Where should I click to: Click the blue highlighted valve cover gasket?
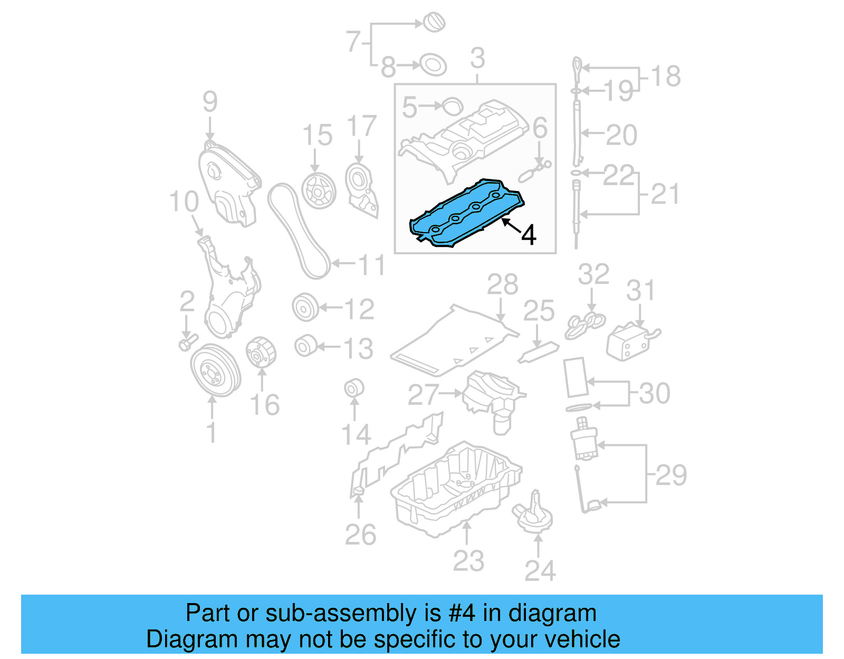coord(464,214)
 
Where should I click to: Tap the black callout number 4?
coord(529,235)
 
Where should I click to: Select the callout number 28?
coord(502,285)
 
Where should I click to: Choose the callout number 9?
coord(210,101)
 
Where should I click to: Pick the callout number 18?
coord(666,77)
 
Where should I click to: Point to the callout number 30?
coord(655,394)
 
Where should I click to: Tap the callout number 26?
coord(360,535)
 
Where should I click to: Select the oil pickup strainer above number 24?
coord(533,514)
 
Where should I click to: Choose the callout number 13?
coord(358,349)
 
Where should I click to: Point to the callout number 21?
coord(665,194)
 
